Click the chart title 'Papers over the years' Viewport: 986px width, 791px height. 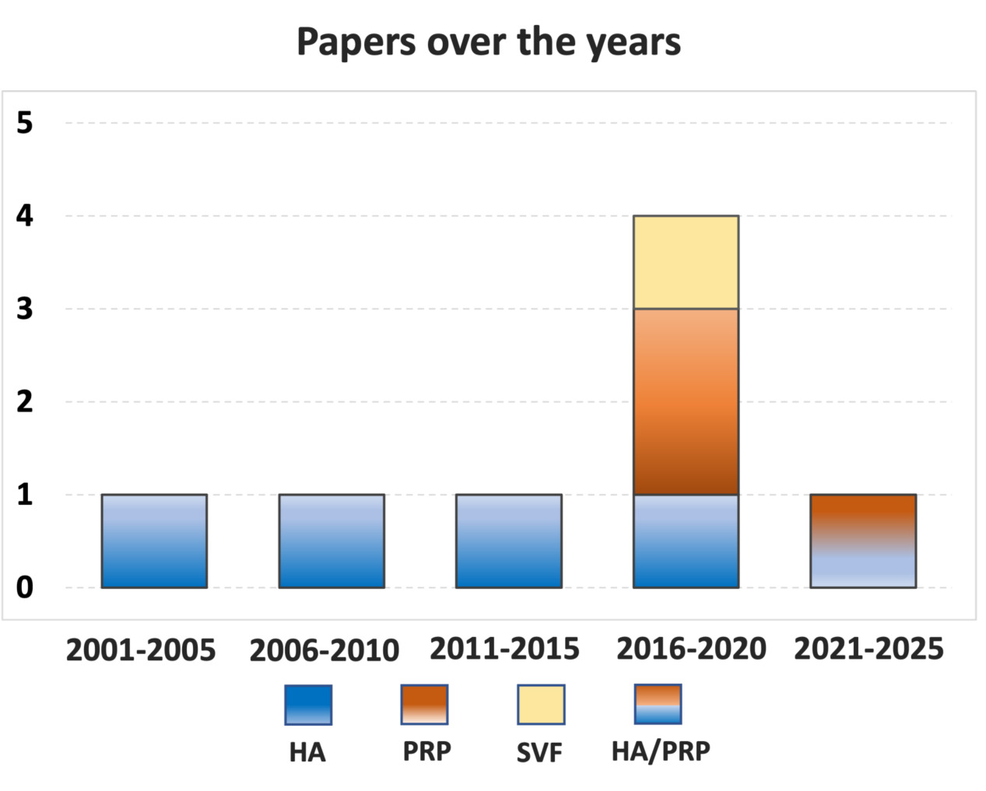(x=489, y=42)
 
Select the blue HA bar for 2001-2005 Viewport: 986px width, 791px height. (x=154, y=541)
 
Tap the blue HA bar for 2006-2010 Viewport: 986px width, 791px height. (x=332, y=541)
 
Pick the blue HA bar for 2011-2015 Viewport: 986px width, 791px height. (x=508, y=541)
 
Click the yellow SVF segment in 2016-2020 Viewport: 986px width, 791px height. (x=686, y=262)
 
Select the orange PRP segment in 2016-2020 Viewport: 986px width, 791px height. (x=686, y=401)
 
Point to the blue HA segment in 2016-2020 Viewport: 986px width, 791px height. (x=686, y=541)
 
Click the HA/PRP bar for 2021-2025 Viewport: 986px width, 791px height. (x=862, y=541)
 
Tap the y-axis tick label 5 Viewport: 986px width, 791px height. (x=25, y=122)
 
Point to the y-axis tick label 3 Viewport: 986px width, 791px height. (x=25, y=309)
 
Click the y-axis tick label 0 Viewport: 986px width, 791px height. (x=25, y=587)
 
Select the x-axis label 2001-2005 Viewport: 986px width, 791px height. (x=141, y=649)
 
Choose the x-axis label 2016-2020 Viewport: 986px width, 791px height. (x=691, y=648)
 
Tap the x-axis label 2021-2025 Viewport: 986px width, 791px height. (x=868, y=648)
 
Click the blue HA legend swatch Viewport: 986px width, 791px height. (x=308, y=705)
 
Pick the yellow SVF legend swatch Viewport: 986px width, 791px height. (x=541, y=705)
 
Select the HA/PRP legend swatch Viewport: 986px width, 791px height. (x=658, y=704)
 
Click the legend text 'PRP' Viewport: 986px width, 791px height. (x=426, y=751)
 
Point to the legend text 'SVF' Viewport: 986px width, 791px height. (x=539, y=753)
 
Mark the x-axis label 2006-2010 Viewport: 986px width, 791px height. (x=324, y=650)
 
